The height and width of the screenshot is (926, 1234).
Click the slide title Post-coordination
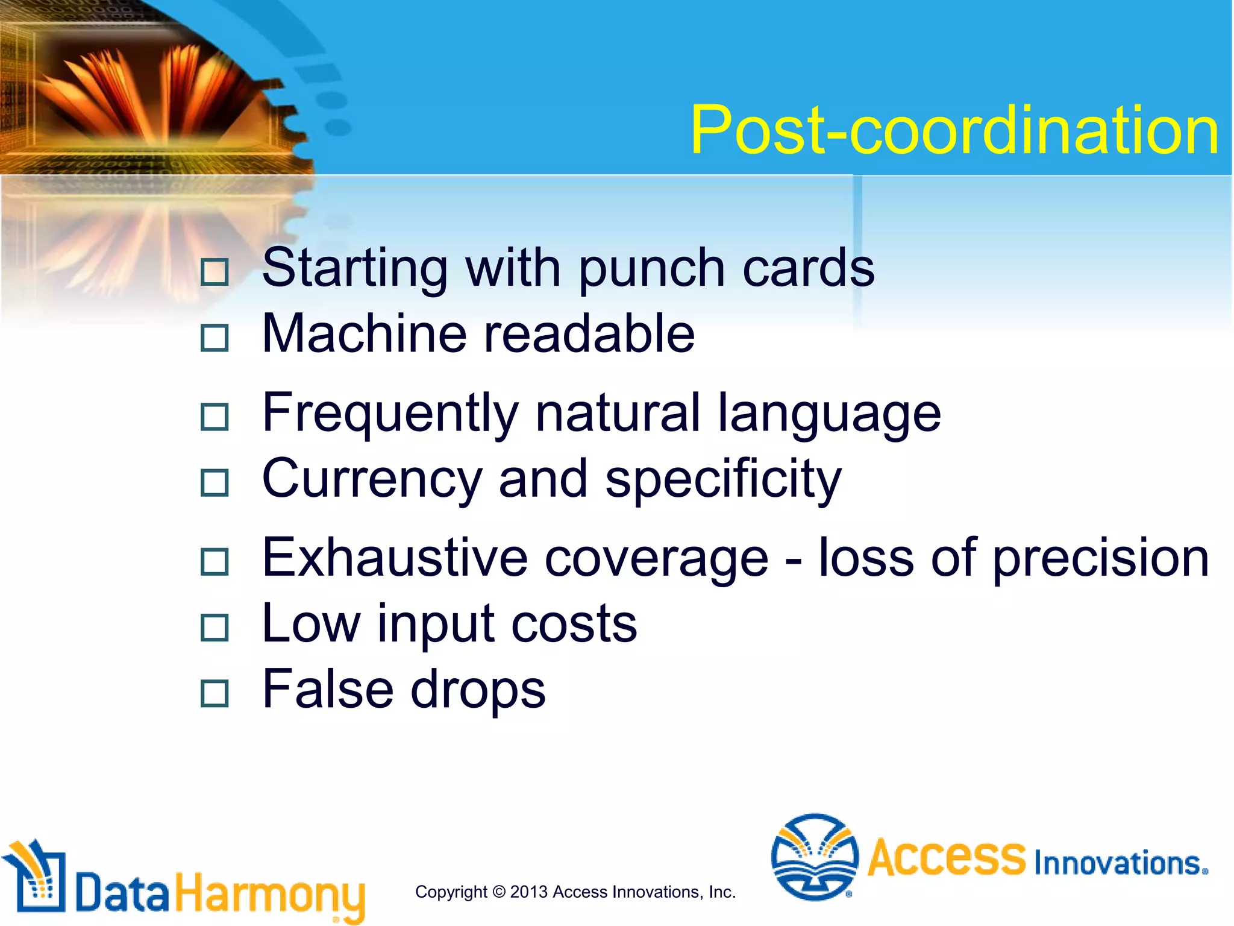point(954,130)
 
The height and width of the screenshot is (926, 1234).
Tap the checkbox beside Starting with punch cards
point(215,272)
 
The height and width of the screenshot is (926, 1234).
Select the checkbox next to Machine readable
point(215,338)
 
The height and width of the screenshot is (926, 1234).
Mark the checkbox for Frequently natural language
point(215,417)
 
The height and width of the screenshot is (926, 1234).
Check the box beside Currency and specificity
point(215,482)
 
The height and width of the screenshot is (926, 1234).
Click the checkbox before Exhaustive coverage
point(215,561)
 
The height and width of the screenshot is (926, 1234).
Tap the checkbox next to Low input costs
point(215,627)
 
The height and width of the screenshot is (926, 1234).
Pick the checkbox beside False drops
point(215,693)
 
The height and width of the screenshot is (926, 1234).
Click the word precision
point(1100,559)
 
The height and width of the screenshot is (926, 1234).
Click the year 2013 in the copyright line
point(528,892)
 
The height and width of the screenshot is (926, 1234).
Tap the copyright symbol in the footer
point(498,892)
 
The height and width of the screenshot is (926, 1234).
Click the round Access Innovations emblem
point(815,857)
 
